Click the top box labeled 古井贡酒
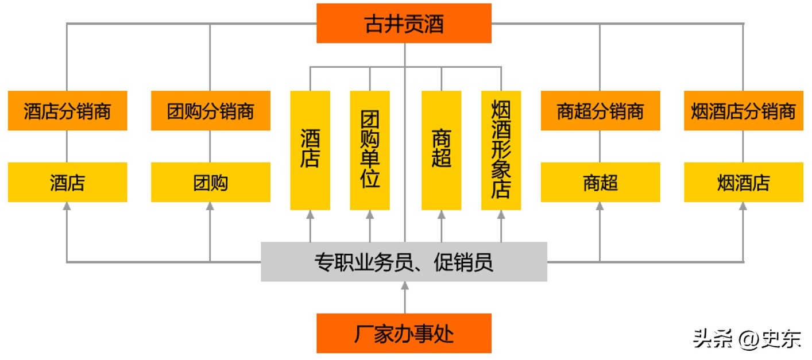pos(404,24)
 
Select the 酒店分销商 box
pos(67,111)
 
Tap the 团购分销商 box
pos(210,111)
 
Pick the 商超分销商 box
pos(600,111)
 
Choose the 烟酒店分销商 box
pos(743,111)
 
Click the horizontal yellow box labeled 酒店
pos(67,183)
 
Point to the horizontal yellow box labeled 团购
pos(210,183)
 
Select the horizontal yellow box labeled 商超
pos(600,183)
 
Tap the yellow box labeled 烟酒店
pos(743,183)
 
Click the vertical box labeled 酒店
pos(310,150)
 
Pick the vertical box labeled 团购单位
pos(370,150)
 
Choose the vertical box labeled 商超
pos(441,150)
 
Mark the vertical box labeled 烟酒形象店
pos(501,150)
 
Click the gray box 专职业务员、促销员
pos(404,262)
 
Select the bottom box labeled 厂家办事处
pos(404,333)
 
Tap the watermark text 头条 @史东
pos(747,339)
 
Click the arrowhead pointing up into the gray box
pos(404,285)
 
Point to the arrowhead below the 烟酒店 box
pos(743,206)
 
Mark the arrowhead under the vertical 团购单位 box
pos(370,214)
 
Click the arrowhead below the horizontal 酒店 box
pos(67,206)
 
